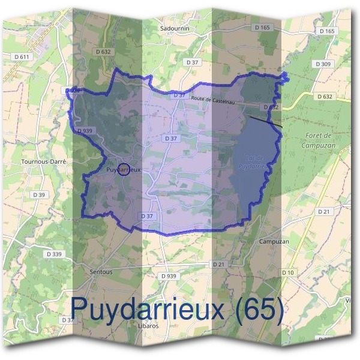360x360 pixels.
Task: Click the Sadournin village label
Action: pyautogui.click(x=175, y=28)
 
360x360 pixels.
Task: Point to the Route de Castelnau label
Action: pyautogui.click(x=212, y=100)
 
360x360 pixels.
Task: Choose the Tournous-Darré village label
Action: pyautogui.click(x=43, y=162)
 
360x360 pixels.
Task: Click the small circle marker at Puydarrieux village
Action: pyautogui.click(x=124, y=170)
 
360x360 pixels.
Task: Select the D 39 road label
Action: pyautogui.click(x=39, y=195)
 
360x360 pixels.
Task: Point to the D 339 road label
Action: pyautogui.click(x=53, y=254)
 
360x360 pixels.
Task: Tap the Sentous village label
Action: pyautogui.click(x=100, y=272)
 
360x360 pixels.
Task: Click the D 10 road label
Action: pyautogui.click(x=289, y=273)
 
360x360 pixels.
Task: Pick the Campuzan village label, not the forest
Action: pyautogui.click(x=274, y=241)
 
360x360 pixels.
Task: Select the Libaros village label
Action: pyautogui.click(x=148, y=325)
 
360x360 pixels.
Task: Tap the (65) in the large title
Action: pyautogui.click(x=260, y=309)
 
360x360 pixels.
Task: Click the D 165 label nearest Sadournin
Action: pyautogui.click(x=262, y=28)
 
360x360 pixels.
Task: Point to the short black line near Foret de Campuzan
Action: pyautogui.click(x=266, y=121)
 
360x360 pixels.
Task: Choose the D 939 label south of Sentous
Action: pyautogui.click(x=169, y=276)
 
